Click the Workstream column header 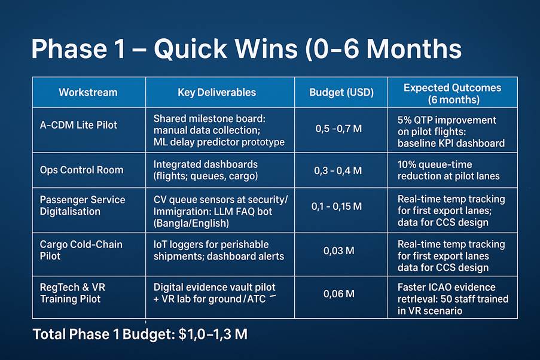tap(88, 92)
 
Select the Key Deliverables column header tap(217, 92)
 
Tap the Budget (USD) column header tap(341, 92)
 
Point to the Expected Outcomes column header tap(453, 94)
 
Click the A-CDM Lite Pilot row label tap(78, 125)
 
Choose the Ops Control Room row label tap(81, 170)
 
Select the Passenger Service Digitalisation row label tap(83, 205)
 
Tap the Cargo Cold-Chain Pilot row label tap(81, 250)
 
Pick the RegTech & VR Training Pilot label tap(73, 293)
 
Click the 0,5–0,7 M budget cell tap(338, 129)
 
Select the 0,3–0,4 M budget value tap(338, 170)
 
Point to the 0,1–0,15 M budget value tap(337, 206)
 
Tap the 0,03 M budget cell tap(338, 251)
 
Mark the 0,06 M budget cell tap(338, 294)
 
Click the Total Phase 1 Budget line tap(140, 334)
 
